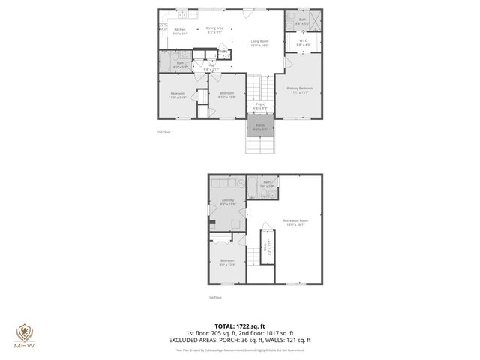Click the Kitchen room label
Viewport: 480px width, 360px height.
(180, 31)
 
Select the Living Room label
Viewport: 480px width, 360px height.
(259, 43)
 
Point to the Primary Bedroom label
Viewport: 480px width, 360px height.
(300, 90)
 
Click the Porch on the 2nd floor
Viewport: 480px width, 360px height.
(260, 127)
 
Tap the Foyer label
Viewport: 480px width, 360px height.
(260, 106)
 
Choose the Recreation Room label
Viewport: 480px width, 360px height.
(296, 221)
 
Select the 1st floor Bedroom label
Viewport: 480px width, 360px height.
(227, 262)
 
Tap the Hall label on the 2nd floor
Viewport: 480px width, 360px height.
(212, 67)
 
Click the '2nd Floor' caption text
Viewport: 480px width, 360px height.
(163, 132)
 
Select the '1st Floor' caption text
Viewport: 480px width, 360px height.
(216, 297)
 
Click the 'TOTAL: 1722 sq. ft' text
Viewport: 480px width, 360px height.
(240, 326)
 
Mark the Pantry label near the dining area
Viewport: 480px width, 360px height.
(223, 51)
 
